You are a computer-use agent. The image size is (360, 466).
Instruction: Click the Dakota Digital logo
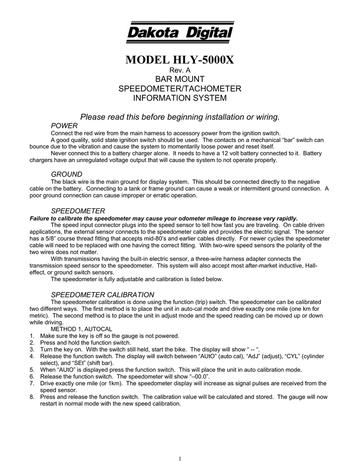[180, 32]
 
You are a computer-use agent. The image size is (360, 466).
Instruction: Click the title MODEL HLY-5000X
[180, 60]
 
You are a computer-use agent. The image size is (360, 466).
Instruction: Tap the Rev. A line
[180, 71]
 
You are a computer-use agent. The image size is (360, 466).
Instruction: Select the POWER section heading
[64, 125]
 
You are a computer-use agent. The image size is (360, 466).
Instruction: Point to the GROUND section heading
[66, 174]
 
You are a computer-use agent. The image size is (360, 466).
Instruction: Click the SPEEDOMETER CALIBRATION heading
[102, 294]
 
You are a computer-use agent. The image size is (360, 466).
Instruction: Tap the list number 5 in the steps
[31, 370]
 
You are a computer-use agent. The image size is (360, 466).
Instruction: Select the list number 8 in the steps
[31, 397]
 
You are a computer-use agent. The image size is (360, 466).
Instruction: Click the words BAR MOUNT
[180, 80]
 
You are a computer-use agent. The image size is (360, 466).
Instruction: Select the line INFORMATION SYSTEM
[180, 98]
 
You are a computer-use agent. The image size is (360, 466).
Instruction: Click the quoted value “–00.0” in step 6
[195, 377]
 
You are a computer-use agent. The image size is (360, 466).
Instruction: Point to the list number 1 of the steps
[31, 336]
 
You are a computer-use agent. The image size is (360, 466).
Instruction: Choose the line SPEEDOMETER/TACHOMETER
[180, 89]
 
